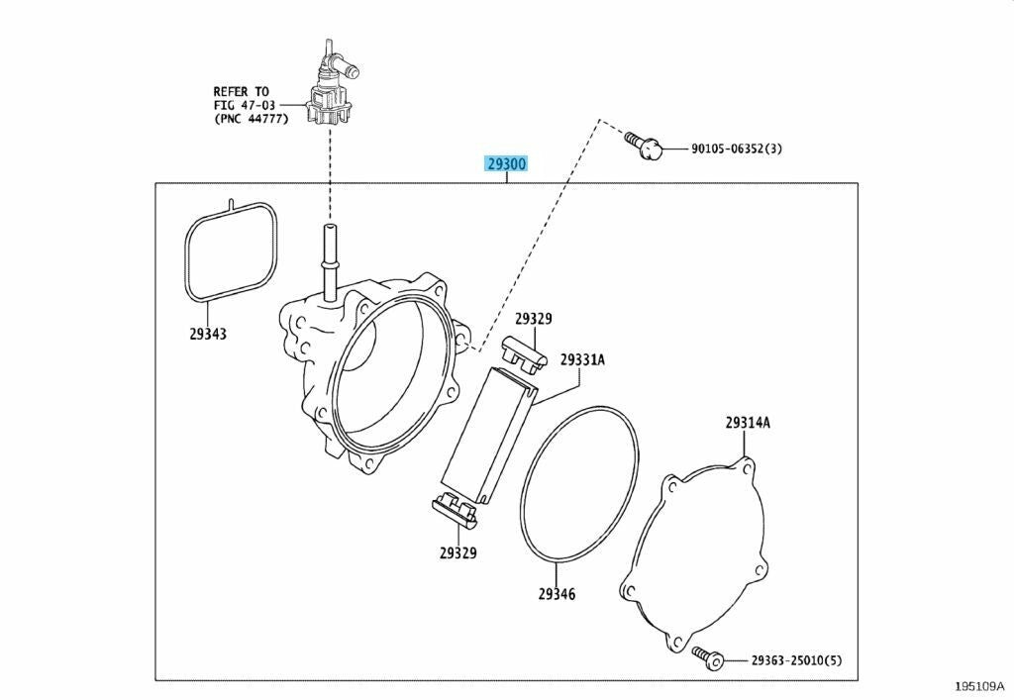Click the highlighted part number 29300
507,164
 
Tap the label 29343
208,334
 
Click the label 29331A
582,360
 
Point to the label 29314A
748,423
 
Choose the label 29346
557,593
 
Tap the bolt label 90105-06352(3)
737,148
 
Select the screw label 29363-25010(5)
797,660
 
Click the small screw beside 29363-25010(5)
707,656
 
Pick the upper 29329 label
534,319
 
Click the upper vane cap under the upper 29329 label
524,353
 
